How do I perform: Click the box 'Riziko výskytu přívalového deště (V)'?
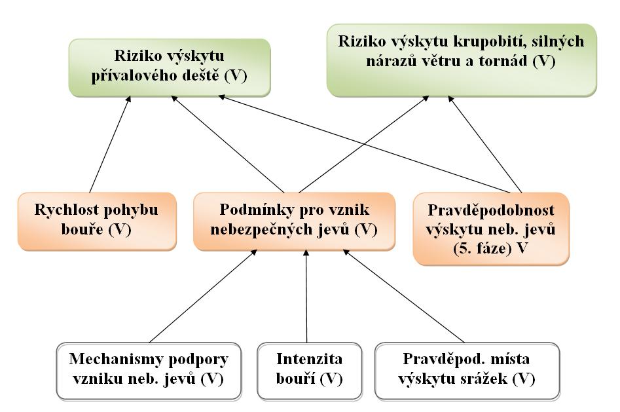click(170, 67)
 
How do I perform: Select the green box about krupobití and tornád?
click(462, 60)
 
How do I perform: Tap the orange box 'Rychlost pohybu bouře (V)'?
click(97, 221)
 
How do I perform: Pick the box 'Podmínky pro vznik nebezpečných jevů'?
click(294, 221)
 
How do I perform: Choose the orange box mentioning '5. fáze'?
click(491, 229)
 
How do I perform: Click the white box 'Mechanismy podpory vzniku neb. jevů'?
click(149, 371)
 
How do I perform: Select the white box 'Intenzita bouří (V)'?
click(309, 371)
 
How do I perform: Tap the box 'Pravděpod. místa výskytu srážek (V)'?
click(467, 371)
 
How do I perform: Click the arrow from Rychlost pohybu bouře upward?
click(110, 145)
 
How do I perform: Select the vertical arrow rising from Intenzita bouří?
click(306, 296)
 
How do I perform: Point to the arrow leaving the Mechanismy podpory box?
click(203, 296)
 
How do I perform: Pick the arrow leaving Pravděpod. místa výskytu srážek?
click(404, 296)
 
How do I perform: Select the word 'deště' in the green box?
click(199, 75)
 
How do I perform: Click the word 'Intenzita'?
click(309, 359)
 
